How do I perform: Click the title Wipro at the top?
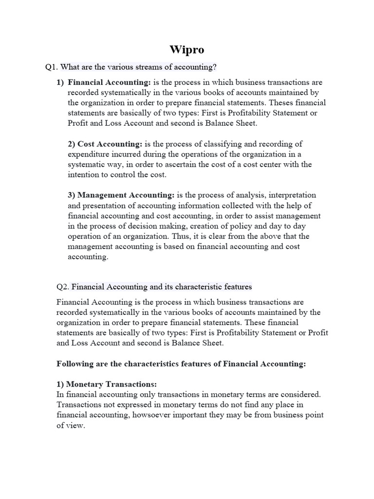click(x=187, y=49)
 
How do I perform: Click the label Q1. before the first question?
click(x=51, y=67)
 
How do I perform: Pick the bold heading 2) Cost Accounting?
click(x=105, y=144)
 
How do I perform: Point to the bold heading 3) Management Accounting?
click(x=121, y=195)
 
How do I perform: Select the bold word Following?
click(x=75, y=364)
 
